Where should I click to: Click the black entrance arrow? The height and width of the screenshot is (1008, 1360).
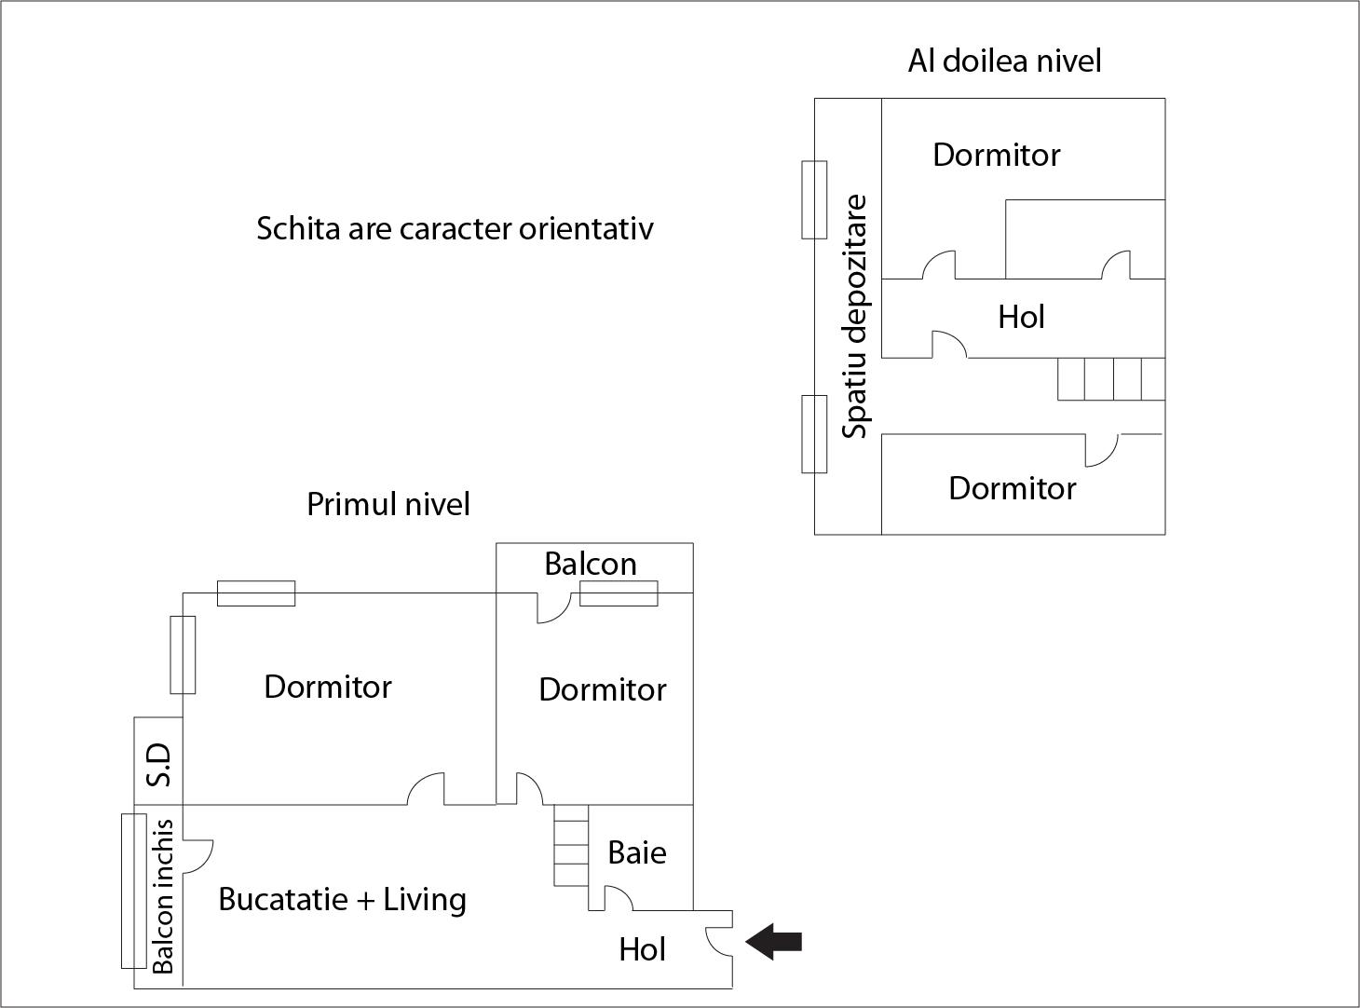(774, 942)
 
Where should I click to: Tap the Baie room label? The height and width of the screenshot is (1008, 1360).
(637, 852)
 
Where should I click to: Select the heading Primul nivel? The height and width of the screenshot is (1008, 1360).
(388, 504)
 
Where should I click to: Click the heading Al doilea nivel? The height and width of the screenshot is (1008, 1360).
(1004, 61)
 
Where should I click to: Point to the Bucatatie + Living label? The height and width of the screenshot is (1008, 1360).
(342, 899)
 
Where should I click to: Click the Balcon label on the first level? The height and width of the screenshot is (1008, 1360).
(591, 564)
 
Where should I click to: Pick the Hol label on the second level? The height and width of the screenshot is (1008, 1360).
(1021, 317)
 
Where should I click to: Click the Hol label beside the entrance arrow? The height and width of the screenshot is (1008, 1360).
(642, 949)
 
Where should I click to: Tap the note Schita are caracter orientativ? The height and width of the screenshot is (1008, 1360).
(455, 228)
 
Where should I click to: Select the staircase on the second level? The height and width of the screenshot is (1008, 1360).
(1110, 379)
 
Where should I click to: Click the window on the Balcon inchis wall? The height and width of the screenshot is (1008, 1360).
(133, 891)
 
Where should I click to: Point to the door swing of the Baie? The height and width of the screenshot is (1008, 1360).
(619, 898)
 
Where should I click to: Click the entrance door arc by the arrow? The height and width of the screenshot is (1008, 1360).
(718, 941)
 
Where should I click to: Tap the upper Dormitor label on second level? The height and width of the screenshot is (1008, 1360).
(996, 155)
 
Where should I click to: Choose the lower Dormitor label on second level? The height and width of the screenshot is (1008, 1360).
(1012, 488)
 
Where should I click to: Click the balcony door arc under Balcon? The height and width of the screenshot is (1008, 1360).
(553, 608)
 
